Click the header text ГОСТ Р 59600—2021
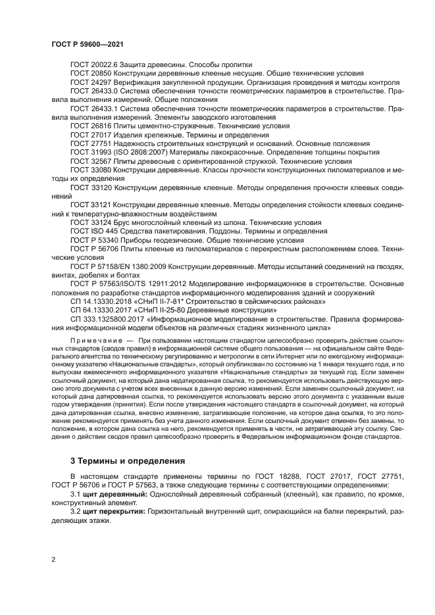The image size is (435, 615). point(88,43)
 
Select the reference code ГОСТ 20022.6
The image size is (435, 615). point(95,64)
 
